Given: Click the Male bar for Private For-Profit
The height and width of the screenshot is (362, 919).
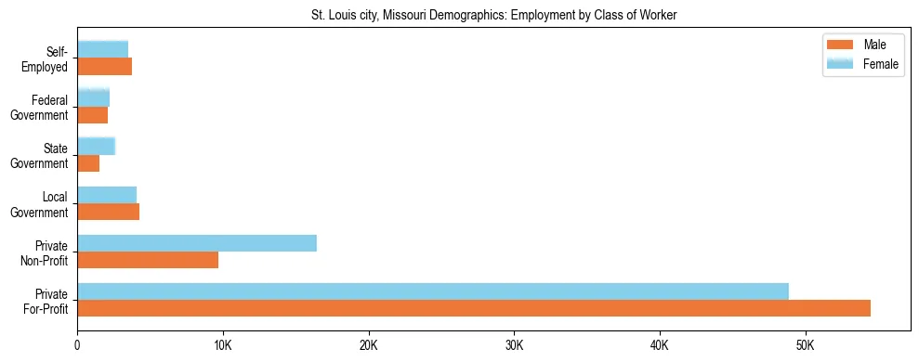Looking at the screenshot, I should click(x=474, y=308).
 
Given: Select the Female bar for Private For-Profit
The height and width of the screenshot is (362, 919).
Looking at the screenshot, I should click(x=433, y=291).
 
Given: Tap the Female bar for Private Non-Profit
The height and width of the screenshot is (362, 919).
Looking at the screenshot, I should click(x=197, y=243).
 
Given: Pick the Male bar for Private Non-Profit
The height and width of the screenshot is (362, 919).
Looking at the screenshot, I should click(x=148, y=260).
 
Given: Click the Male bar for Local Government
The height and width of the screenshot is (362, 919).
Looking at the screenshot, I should click(x=108, y=212).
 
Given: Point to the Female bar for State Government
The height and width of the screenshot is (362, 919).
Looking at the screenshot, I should click(x=96, y=146).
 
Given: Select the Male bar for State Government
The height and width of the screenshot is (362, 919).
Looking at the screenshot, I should click(x=88, y=163).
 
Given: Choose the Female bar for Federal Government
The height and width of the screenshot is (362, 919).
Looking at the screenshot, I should click(x=93, y=97).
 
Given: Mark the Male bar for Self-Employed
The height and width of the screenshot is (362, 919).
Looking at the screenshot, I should click(x=104, y=67).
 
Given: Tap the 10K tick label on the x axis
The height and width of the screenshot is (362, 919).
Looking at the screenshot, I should click(x=222, y=345).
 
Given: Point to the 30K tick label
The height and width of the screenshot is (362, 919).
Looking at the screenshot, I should click(x=514, y=345).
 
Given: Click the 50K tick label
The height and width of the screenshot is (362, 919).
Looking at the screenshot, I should click(x=805, y=345).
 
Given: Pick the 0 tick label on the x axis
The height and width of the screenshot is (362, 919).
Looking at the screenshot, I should click(x=77, y=345).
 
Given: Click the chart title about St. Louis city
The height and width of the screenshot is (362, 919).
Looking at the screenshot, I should click(x=493, y=15).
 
